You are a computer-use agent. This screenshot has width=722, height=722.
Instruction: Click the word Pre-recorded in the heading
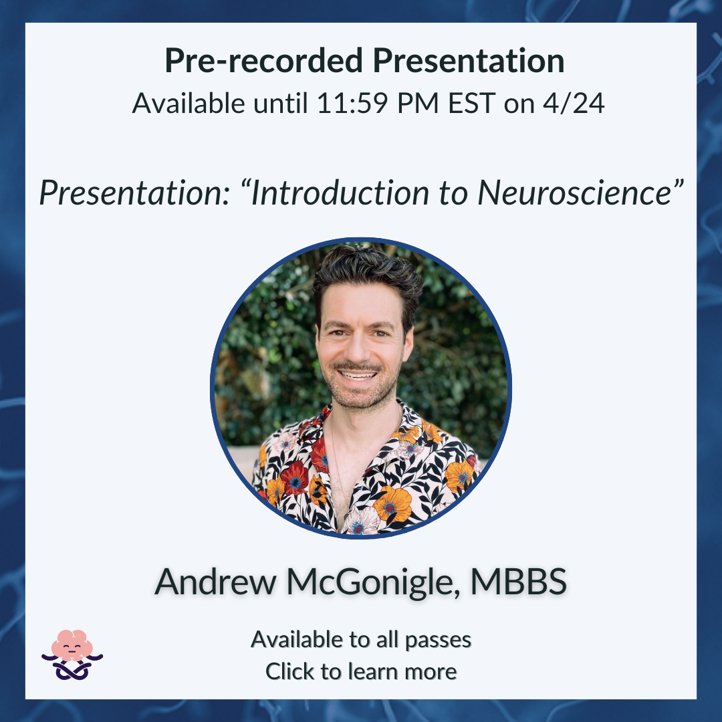263,62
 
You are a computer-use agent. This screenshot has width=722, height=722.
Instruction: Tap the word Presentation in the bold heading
469,62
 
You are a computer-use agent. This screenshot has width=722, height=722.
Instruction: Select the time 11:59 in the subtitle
352,103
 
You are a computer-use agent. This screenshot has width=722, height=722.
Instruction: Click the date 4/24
574,103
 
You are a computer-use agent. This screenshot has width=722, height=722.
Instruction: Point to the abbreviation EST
472,103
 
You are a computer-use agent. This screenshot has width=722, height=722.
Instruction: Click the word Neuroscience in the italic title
576,193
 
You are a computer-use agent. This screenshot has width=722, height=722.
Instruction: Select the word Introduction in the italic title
340,193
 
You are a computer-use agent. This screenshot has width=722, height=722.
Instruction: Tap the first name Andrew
215,582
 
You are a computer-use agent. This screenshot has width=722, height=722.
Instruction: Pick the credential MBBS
519,582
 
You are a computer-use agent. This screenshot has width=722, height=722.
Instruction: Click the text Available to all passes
361,640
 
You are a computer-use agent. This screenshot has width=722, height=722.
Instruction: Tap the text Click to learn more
361,671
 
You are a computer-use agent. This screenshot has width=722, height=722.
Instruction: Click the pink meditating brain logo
72,654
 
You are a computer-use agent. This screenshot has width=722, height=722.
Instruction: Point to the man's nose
357,348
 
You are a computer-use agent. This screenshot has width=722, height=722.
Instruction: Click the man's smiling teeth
358,375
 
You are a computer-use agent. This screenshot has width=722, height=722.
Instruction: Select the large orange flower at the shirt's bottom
393,505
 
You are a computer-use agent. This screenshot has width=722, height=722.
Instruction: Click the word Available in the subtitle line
189,103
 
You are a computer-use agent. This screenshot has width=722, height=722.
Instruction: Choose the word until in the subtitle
280,103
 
